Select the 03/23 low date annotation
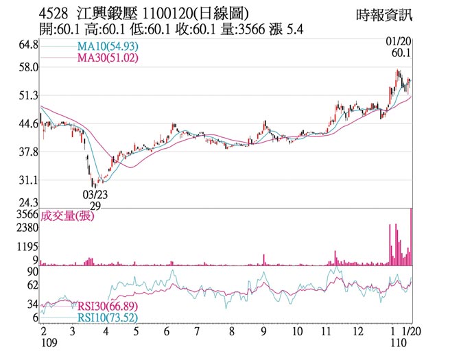[x=96, y=194]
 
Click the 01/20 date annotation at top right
[x=400, y=43]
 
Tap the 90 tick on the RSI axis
[x=32, y=272]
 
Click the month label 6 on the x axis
[x=166, y=331]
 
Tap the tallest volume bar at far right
[x=411, y=237]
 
